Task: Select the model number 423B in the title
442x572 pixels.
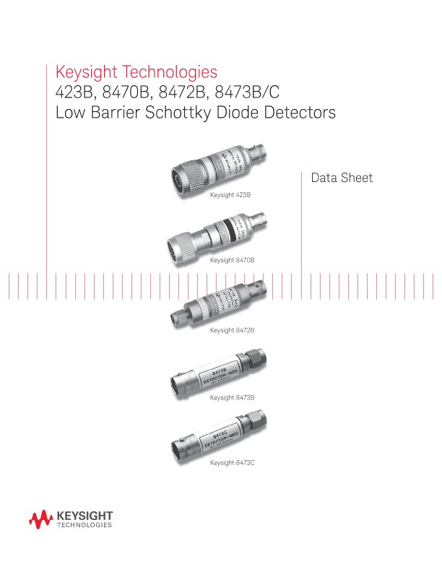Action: [x=73, y=93]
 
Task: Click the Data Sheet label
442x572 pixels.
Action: [x=342, y=178]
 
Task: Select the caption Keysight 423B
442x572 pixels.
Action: [x=230, y=195]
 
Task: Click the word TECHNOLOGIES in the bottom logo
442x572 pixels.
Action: [x=84, y=526]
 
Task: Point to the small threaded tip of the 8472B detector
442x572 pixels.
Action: [x=176, y=315]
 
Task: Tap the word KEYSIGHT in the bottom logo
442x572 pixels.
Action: [x=84, y=516]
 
